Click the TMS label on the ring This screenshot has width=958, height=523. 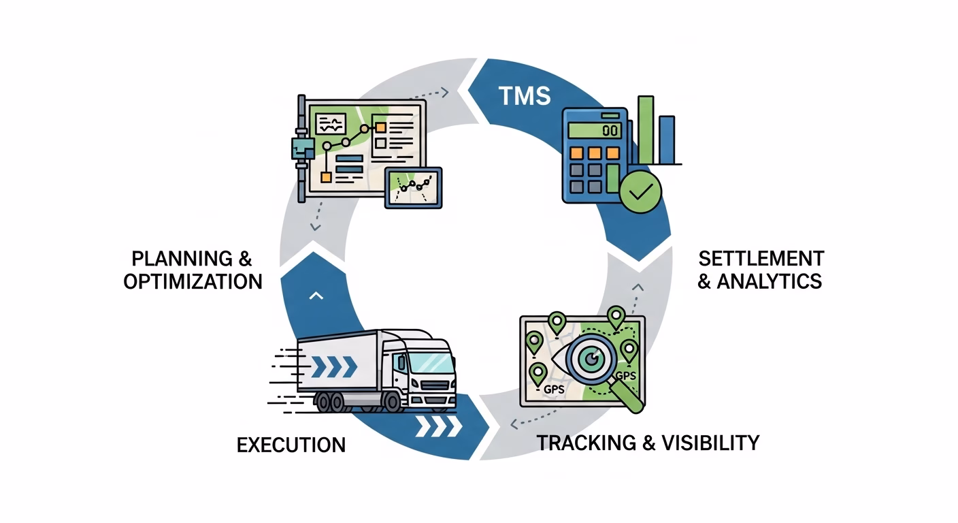tap(524, 96)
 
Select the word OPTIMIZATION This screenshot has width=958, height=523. tap(193, 281)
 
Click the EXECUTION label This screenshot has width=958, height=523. tap(291, 445)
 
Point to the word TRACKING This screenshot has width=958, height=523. tap(587, 443)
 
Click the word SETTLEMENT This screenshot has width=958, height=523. tap(761, 259)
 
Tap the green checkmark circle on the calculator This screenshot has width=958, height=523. tap(640, 191)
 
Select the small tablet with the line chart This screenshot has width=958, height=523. tap(413, 187)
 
